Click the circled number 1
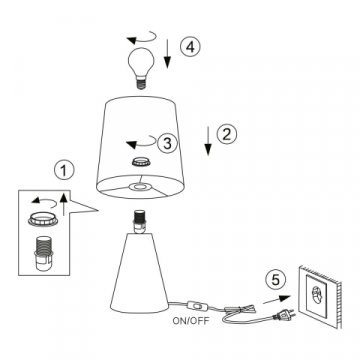click(64, 172)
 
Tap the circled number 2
click(227, 134)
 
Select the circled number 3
click(167, 144)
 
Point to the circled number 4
click(190, 47)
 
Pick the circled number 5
click(276, 280)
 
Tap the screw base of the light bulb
click(142, 83)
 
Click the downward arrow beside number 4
click(167, 54)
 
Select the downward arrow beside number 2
click(208, 141)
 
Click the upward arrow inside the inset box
click(64, 205)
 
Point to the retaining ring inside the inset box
click(43, 219)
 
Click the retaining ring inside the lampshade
click(140, 162)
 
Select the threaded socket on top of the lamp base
click(140, 222)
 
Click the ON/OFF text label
click(191, 321)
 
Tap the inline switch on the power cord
click(195, 305)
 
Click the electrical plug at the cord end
click(283, 314)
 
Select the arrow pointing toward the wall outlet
click(276, 299)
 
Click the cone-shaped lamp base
click(140, 273)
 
